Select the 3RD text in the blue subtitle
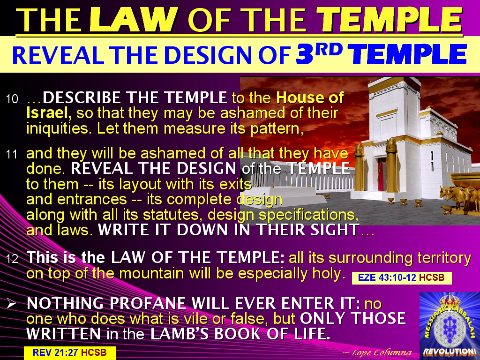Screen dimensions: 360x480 (x=322, y=54)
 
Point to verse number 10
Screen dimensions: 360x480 (x=12, y=99)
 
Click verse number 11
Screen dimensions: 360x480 (x=12, y=154)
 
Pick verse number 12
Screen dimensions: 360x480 (x=12, y=258)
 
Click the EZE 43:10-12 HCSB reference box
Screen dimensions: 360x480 (x=401, y=278)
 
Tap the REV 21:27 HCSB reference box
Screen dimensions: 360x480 (x=69, y=352)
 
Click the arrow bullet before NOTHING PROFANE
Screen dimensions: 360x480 (x=12, y=304)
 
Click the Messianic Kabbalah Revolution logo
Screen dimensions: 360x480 (x=449, y=325)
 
